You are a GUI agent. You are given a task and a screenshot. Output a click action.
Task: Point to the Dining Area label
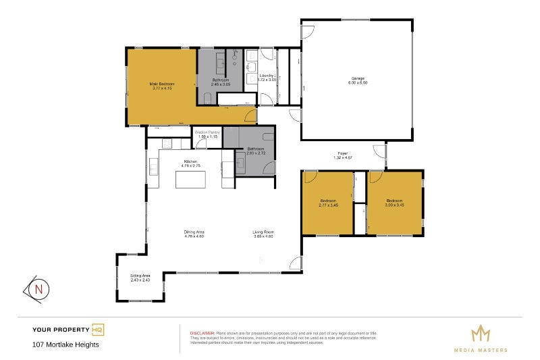[194, 232]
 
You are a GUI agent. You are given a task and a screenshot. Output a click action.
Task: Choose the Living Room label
[263, 232]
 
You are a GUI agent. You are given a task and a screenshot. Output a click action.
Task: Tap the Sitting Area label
[140, 276]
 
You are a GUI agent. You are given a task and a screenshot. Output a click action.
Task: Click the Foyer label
[343, 153]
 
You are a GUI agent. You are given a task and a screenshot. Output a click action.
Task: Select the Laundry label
[266, 75]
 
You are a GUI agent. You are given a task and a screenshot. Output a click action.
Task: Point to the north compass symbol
[38, 289]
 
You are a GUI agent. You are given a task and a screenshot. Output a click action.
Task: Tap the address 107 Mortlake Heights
[65, 344]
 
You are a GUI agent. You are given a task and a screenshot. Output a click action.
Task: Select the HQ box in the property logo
[97, 330]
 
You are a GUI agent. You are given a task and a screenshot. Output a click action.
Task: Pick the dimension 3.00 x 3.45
[395, 204]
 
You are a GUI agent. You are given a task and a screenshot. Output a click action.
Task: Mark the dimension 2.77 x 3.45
[328, 204]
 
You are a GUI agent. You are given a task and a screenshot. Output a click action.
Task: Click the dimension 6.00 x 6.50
[358, 82]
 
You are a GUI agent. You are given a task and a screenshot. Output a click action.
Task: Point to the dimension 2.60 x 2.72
[255, 153]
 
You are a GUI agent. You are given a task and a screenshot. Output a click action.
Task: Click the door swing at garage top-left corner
[307, 31]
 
